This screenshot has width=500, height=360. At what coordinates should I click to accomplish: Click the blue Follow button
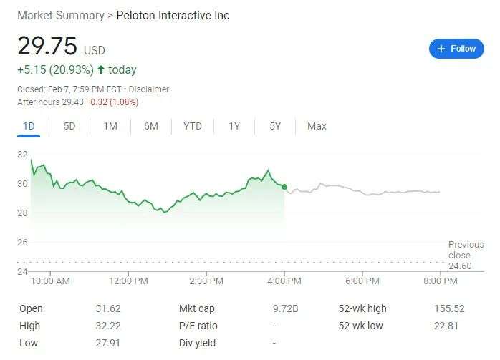pyautogui.click(x=456, y=49)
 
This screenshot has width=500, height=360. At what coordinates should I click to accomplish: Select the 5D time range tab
pyautogui.click(x=69, y=126)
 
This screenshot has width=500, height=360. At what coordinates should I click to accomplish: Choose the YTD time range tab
pyautogui.click(x=193, y=126)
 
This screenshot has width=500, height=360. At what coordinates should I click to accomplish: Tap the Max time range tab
pyautogui.click(x=317, y=126)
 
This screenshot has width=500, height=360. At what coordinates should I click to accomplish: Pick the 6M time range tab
pyautogui.click(x=151, y=126)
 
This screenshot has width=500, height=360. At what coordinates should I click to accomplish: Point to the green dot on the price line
pyautogui.click(x=285, y=188)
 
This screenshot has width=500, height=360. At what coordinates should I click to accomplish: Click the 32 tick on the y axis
pyautogui.click(x=22, y=155)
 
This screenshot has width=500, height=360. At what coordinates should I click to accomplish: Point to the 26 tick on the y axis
pyautogui.click(x=22, y=243)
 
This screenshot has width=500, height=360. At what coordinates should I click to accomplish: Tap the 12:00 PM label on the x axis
pyautogui.click(x=129, y=281)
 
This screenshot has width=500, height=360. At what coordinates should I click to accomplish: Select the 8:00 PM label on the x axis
pyautogui.click(x=440, y=281)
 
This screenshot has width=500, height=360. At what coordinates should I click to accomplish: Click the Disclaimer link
pyautogui.click(x=149, y=89)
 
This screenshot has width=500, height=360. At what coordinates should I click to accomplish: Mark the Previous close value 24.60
pyautogui.click(x=459, y=266)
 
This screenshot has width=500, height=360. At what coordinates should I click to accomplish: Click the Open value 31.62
pyautogui.click(x=108, y=308)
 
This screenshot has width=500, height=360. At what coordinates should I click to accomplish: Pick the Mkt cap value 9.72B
pyautogui.click(x=285, y=308)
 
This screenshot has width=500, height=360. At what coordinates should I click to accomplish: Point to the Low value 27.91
pyautogui.click(x=108, y=343)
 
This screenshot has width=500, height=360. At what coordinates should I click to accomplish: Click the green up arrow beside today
pyautogui.click(x=101, y=70)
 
